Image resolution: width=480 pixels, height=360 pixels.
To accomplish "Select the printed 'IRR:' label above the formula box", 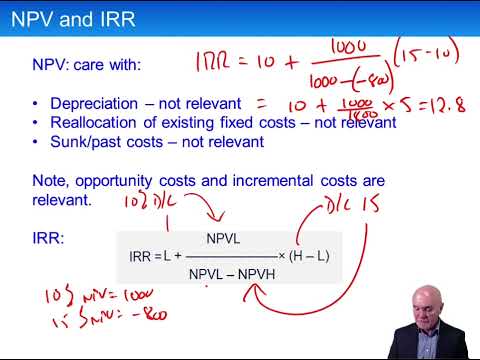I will point(48,238).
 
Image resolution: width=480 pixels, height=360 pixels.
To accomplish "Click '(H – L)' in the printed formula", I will point(308,256).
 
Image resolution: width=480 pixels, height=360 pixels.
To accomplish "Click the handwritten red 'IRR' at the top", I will point(214,62).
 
